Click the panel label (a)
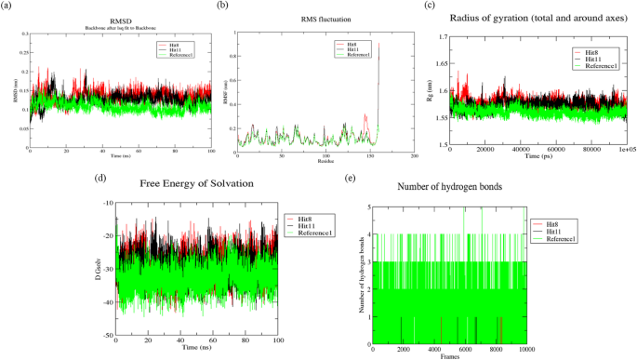pos(8,6)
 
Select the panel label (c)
pos(430,6)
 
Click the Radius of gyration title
pos(535,18)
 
